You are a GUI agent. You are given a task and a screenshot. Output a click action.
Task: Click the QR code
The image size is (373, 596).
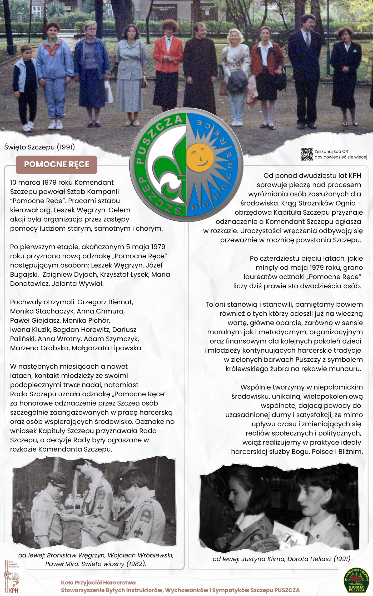[307, 154]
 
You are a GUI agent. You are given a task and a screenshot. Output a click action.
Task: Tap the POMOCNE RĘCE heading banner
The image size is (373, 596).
[57, 165]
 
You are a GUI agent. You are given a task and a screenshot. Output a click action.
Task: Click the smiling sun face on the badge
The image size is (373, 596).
[200, 158]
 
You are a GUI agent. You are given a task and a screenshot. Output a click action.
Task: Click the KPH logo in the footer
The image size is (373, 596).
[12, 577]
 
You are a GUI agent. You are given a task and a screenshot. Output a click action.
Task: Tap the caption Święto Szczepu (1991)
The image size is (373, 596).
[40, 147]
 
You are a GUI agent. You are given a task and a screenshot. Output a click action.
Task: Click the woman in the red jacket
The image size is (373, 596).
[168, 63]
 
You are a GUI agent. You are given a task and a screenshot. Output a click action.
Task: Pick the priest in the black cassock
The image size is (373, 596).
[200, 68]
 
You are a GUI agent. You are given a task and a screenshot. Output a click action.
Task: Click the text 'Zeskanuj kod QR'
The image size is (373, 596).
[331, 151]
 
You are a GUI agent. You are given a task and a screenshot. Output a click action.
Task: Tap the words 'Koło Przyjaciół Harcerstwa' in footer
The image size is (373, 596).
[98, 583]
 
